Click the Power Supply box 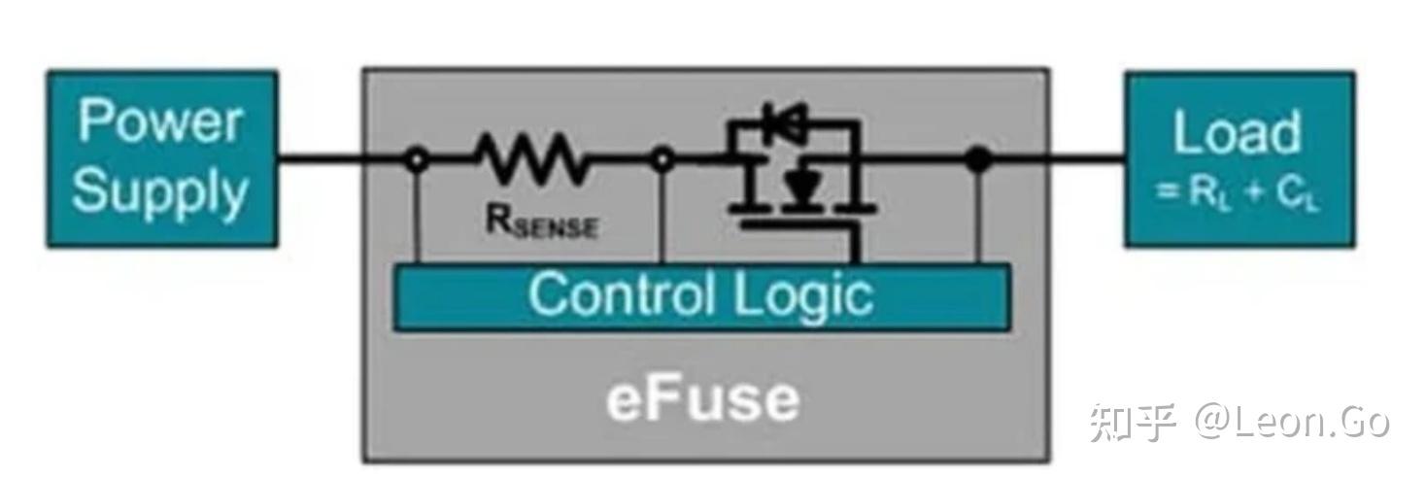[x=162, y=157]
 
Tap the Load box [x=1239, y=157]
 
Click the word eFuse [x=701, y=398]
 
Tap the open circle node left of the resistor [x=417, y=158]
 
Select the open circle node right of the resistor [x=662, y=158]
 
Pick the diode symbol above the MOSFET [x=784, y=125]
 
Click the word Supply [x=160, y=190]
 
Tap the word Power [x=160, y=121]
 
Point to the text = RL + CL [x=1239, y=191]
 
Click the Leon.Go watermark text [x=1293, y=422]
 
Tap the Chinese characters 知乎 [x=1133, y=422]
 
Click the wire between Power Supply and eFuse [x=321, y=157]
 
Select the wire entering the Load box [x=1069, y=157]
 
